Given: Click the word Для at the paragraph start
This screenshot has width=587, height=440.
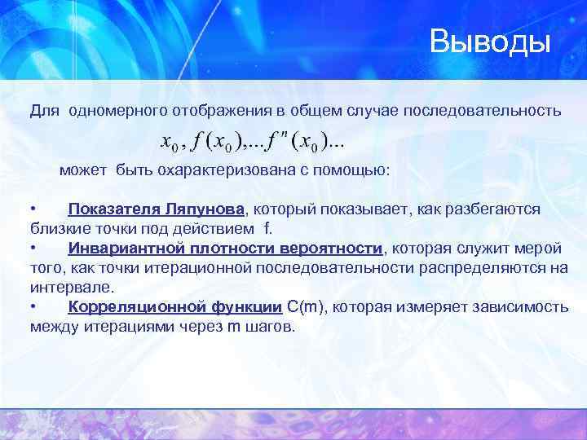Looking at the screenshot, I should (45, 109).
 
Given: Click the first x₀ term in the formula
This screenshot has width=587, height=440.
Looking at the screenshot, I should (170, 143).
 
